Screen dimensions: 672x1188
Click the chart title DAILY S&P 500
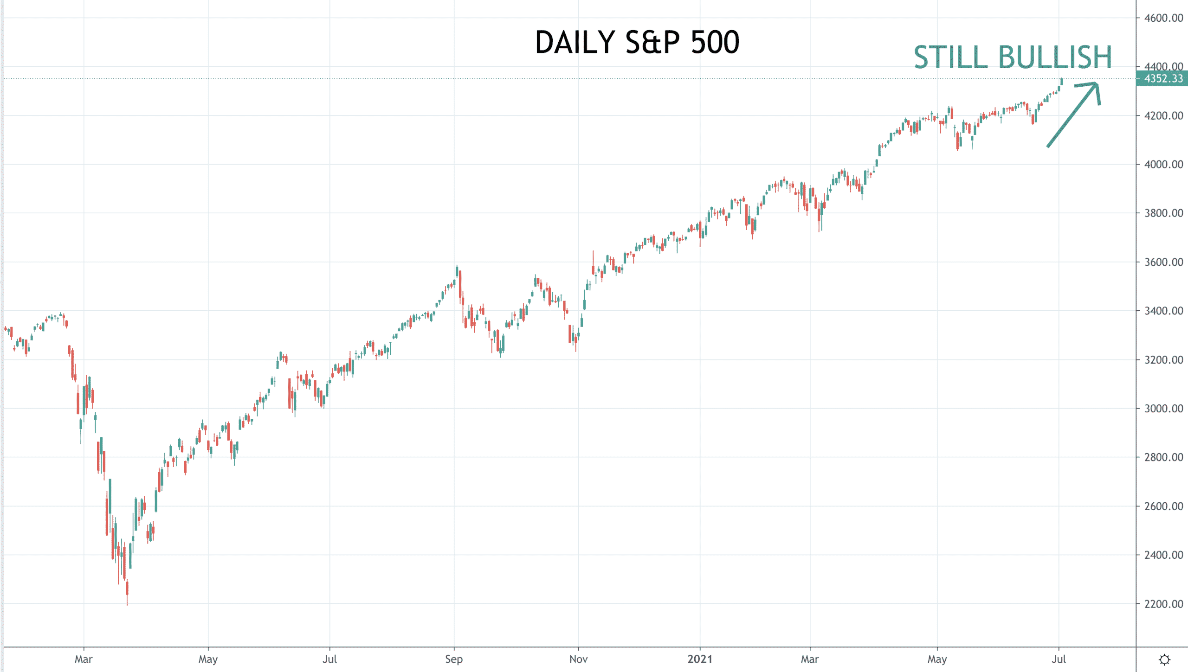pos(637,42)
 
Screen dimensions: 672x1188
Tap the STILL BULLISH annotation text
pos(1013,58)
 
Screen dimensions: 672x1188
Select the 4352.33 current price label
pos(1162,78)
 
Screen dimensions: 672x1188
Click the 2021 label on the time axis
pos(699,659)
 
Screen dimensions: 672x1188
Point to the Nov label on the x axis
pos(578,659)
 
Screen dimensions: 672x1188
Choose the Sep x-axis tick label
pos(454,659)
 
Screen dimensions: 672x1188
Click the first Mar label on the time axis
pos(84,659)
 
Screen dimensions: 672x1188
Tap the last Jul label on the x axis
pos(1059,659)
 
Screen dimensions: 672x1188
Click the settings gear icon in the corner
pos(1164,659)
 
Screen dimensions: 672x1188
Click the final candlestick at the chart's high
pos(1062,82)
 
